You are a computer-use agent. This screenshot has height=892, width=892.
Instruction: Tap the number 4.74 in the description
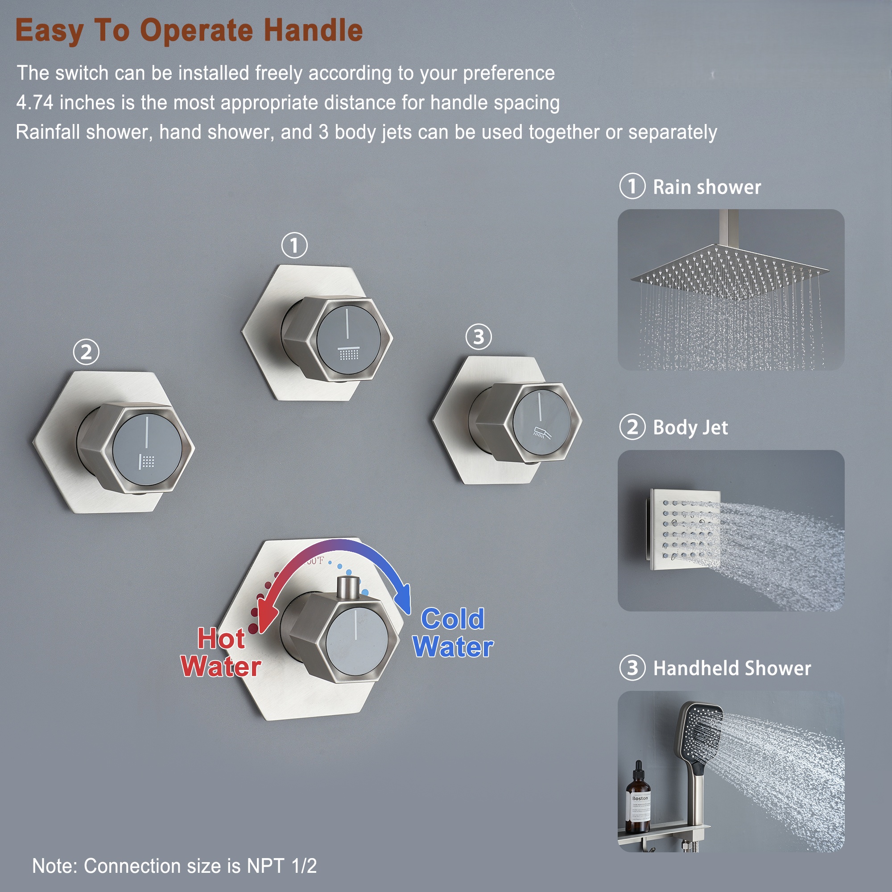coord(35,103)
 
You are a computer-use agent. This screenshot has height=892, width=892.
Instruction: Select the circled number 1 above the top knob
coord(294,245)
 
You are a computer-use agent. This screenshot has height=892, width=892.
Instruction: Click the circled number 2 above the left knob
coord(87,352)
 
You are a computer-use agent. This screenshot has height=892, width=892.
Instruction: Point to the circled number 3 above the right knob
coord(478,337)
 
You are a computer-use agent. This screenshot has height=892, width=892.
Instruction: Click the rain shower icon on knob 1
coord(348,353)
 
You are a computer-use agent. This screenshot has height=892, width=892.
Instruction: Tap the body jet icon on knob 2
coord(147,461)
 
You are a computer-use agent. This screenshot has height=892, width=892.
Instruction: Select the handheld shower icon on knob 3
coord(541,433)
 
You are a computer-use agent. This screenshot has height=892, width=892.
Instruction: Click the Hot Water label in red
coord(221,652)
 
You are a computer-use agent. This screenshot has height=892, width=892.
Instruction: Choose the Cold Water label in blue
coord(453,633)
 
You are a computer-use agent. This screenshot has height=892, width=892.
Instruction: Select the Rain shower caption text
coord(706,187)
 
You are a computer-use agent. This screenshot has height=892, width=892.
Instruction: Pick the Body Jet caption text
coord(690,428)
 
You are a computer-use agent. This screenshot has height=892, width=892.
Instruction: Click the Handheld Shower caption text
coord(732,668)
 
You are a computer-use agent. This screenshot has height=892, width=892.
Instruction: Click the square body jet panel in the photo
coord(684,529)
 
